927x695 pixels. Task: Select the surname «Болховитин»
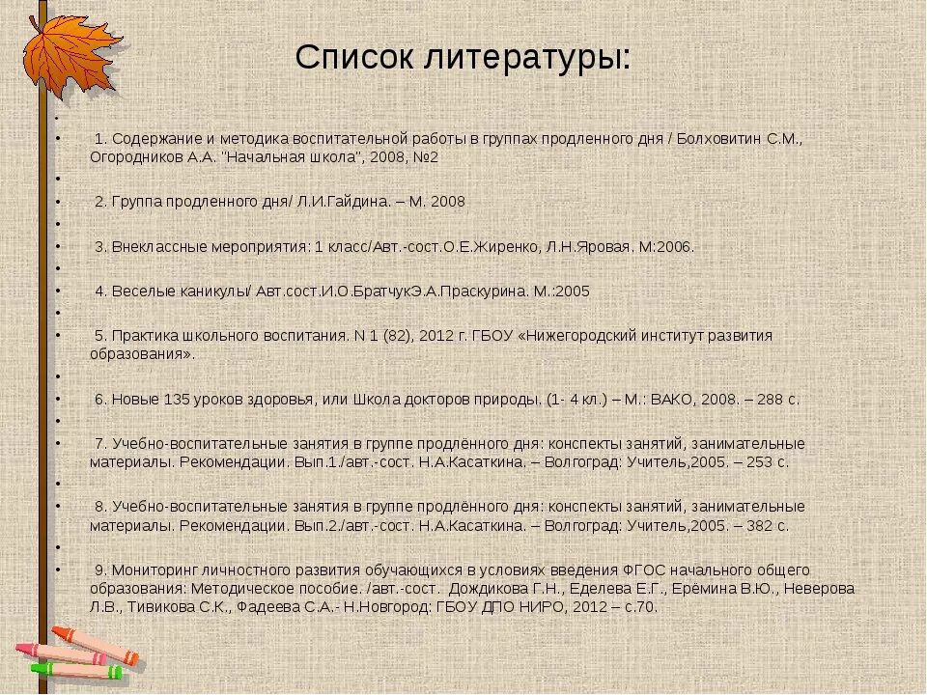point(721,138)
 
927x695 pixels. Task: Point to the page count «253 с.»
point(765,462)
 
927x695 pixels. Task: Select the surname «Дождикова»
point(492,588)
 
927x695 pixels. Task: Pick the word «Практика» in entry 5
point(142,336)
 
